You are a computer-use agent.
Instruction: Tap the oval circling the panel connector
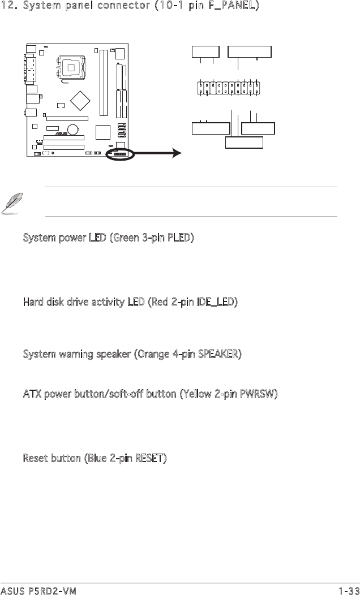(120, 154)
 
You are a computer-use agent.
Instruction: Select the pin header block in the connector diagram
(231, 89)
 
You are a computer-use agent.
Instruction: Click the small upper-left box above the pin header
(205, 52)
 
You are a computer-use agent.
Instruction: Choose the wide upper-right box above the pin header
(249, 52)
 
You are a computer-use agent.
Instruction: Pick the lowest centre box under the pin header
(245, 142)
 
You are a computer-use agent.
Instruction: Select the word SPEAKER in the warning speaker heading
(216, 355)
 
